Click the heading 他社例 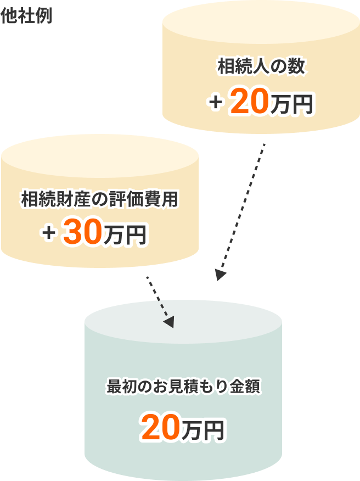(26, 16)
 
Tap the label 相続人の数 (261, 66)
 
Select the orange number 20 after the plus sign (249, 101)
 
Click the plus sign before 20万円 (216, 102)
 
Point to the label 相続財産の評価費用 (100, 199)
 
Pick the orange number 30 (83, 232)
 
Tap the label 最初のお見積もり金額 (183, 386)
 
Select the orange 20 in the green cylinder (161, 427)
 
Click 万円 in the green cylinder (204, 430)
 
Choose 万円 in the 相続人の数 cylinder (291, 104)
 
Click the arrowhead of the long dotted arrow (220, 275)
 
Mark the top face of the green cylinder (183, 322)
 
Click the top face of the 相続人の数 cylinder (261, 22)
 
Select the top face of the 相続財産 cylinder (100, 156)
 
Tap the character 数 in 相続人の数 (296, 66)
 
